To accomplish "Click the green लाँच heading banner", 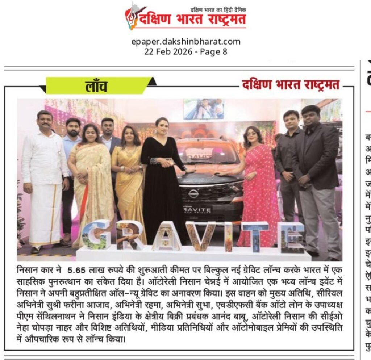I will coord(96,86).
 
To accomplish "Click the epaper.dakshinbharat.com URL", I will coord(185,42).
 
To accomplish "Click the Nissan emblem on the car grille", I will coord(193,194).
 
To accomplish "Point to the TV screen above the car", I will coord(203,109).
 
